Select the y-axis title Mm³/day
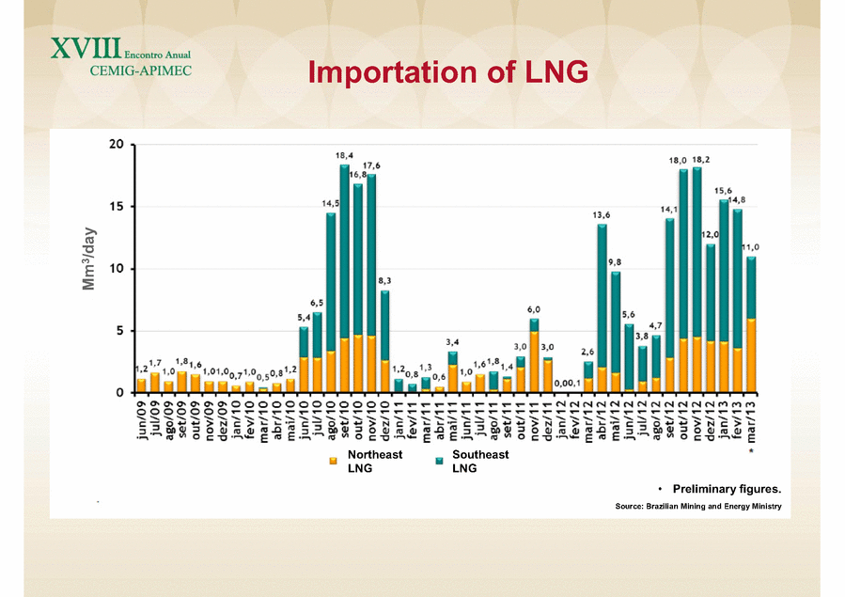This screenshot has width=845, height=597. click(90, 259)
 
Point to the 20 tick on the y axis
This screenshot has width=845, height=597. click(117, 145)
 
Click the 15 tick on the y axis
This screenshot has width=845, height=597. click(117, 207)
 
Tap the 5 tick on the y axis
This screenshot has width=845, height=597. click(120, 331)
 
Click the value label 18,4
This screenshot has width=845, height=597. click(345, 155)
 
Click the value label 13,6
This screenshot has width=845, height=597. click(602, 215)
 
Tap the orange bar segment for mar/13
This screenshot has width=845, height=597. click(750, 355)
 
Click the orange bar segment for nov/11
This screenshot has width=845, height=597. click(534, 361)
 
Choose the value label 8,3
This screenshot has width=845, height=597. click(385, 280)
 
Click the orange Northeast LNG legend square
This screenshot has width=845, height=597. click(332, 461)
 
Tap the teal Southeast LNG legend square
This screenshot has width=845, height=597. click(437, 461)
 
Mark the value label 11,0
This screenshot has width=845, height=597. click(751, 247)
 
